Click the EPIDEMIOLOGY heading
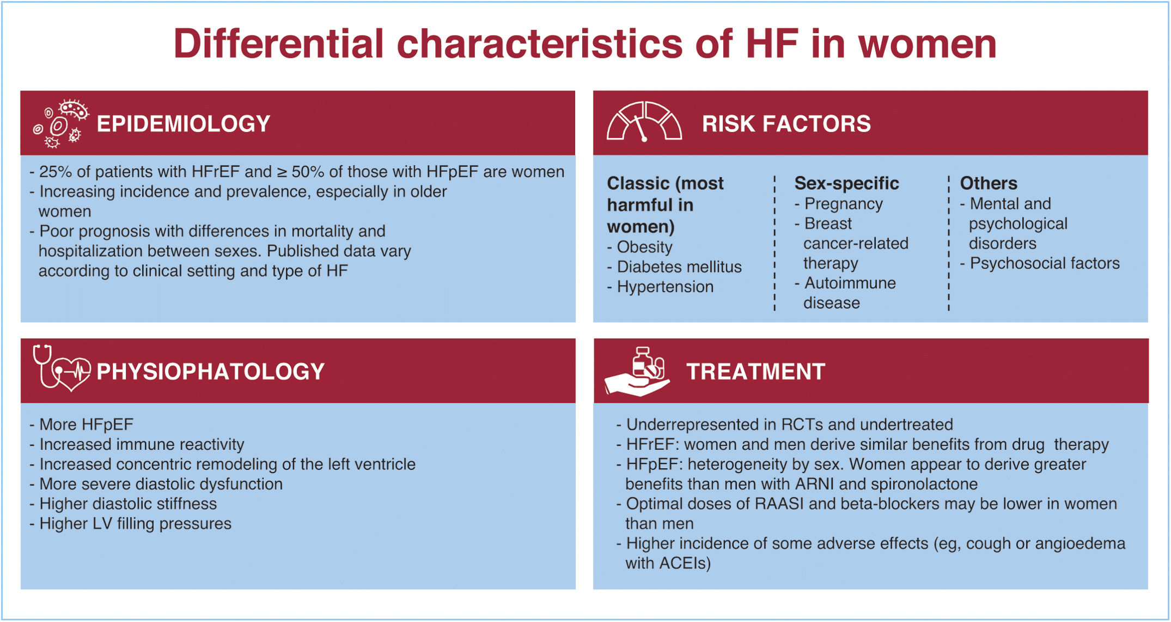tap(184, 124)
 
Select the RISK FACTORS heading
tap(786, 124)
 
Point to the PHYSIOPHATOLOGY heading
tap(210, 372)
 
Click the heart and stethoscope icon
tap(62, 368)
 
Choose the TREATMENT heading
tap(756, 372)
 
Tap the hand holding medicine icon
tap(637, 372)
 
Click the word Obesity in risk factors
tap(644, 247)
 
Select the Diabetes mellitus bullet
tap(674, 267)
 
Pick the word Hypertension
tap(665, 287)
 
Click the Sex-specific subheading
tap(846, 184)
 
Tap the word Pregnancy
tap(844, 204)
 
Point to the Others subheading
tap(989, 183)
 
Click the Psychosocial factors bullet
tap(1040, 264)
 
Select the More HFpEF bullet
tap(81, 425)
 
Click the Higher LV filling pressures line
tap(130, 524)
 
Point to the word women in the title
tap(928, 44)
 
